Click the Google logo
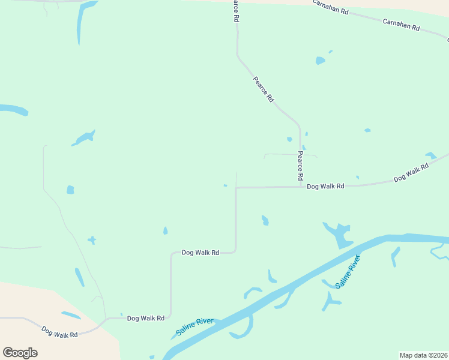(20, 352)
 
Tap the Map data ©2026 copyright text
(423, 355)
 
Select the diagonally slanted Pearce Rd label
(263, 89)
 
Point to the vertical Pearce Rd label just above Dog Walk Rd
(300, 166)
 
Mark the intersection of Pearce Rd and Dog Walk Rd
(300, 187)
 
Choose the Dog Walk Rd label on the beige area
(59, 331)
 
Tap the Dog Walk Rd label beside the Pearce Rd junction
(325, 187)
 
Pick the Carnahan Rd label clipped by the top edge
(330, 6)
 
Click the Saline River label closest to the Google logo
(195, 327)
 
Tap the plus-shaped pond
(91, 240)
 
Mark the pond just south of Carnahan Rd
(320, 60)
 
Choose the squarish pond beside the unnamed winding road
(70, 190)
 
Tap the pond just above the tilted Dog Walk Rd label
(430, 155)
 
